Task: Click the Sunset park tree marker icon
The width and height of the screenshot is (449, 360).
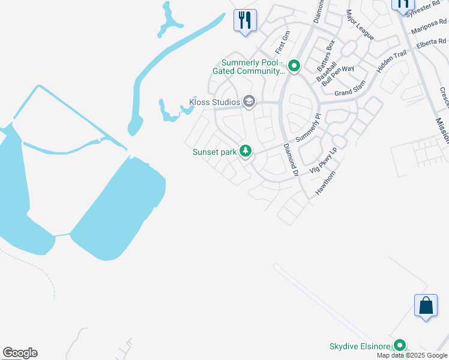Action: point(245,151)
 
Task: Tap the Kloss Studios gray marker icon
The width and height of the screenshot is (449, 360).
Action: point(249,102)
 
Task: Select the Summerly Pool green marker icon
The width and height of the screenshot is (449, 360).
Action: point(294,65)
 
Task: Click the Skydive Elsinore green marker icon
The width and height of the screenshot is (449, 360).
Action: point(399,346)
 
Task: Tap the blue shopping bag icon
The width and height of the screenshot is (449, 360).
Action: point(426,305)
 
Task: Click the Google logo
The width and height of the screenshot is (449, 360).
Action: point(20,353)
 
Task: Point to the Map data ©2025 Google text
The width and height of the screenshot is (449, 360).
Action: point(412,356)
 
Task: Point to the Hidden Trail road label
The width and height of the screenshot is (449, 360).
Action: point(391,62)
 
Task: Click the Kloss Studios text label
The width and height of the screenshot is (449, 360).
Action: point(215,102)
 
